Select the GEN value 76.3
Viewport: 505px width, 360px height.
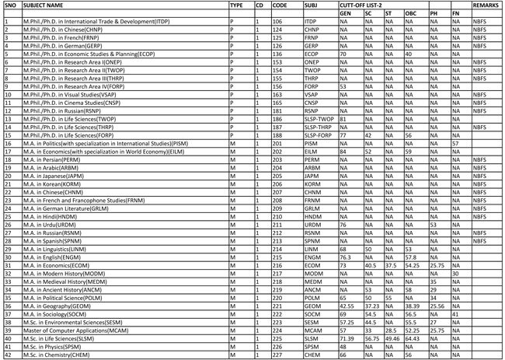coord(347,256)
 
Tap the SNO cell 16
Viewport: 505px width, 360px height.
coord(6,144)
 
